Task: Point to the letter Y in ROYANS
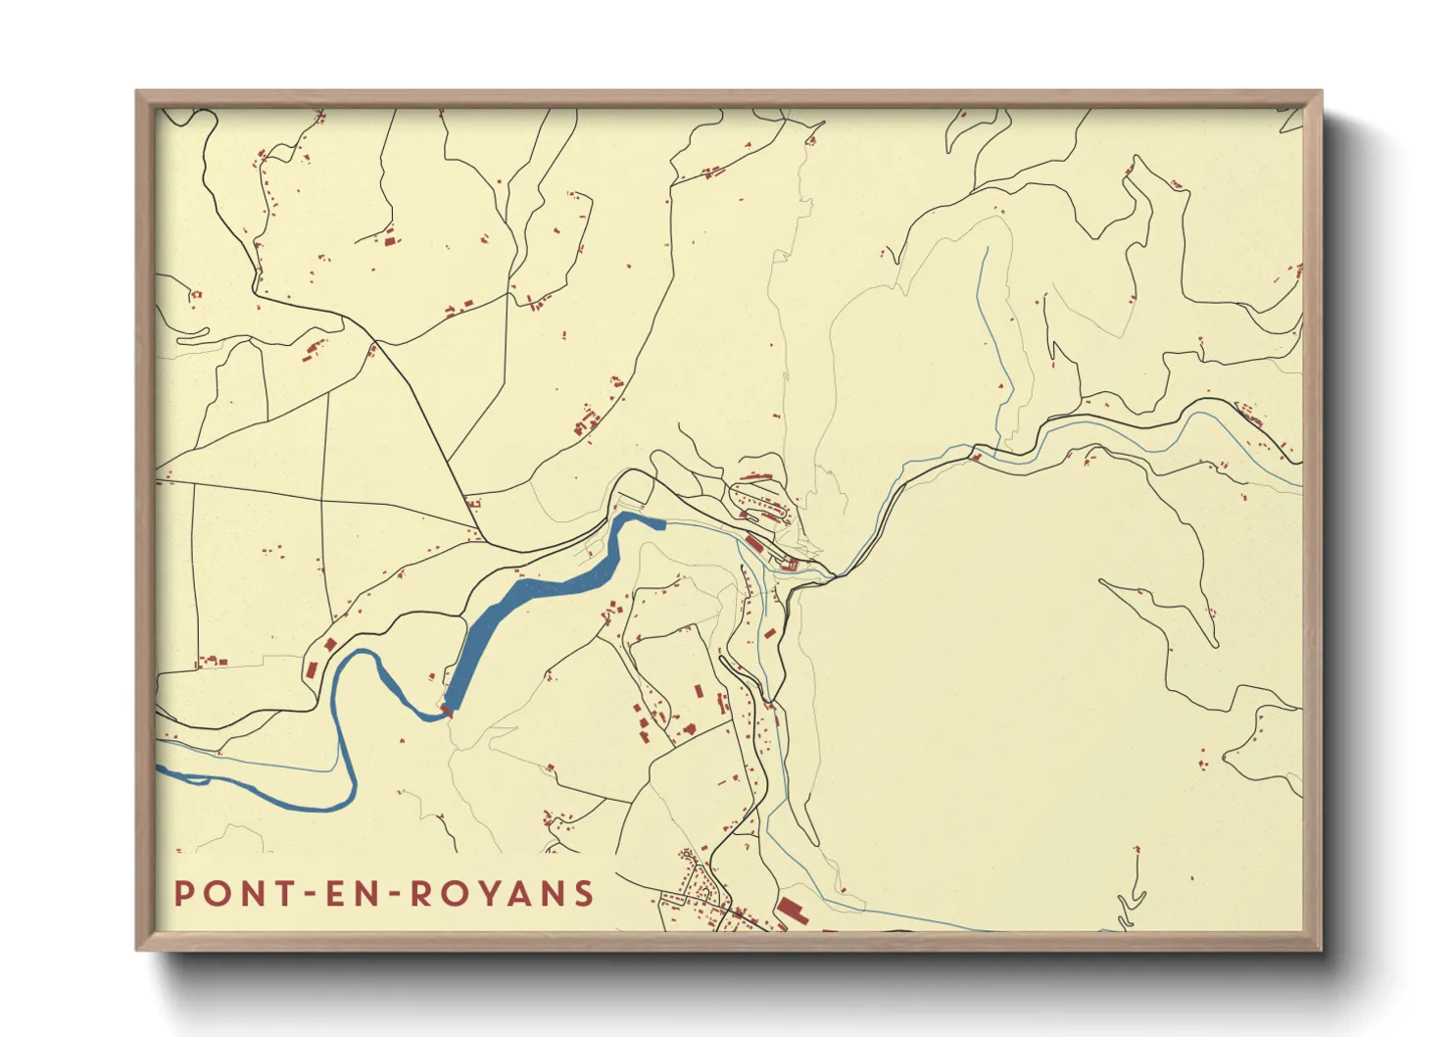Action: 502,894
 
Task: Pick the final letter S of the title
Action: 585,894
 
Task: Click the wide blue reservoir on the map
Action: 529,596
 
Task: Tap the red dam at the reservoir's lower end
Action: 448,710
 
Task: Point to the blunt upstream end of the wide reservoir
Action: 660,523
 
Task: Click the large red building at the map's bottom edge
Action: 790,911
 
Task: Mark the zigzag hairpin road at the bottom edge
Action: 1132,907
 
